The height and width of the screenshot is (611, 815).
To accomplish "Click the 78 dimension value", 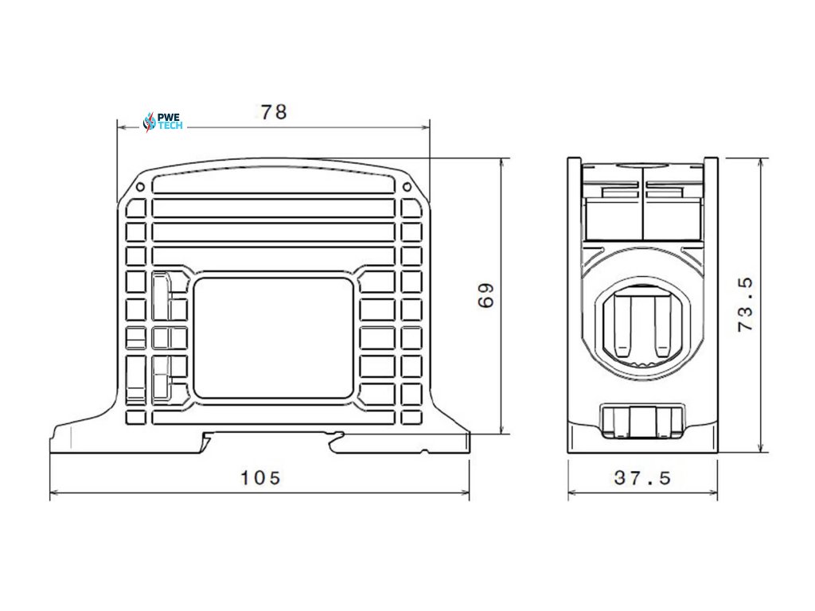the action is click(273, 112).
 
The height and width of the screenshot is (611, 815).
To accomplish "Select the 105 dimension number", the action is click(261, 477).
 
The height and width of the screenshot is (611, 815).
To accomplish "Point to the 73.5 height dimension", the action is click(746, 305).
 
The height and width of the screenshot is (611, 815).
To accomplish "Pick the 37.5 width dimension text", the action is click(642, 477).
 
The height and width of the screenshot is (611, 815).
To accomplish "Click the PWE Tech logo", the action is click(162, 121).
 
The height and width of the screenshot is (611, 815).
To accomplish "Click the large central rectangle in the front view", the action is click(273, 337).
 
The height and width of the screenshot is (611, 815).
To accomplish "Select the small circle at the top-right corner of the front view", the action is click(407, 188).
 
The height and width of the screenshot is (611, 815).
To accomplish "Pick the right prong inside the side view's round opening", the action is click(660, 326).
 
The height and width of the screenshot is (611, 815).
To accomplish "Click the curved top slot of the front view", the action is click(273, 182).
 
